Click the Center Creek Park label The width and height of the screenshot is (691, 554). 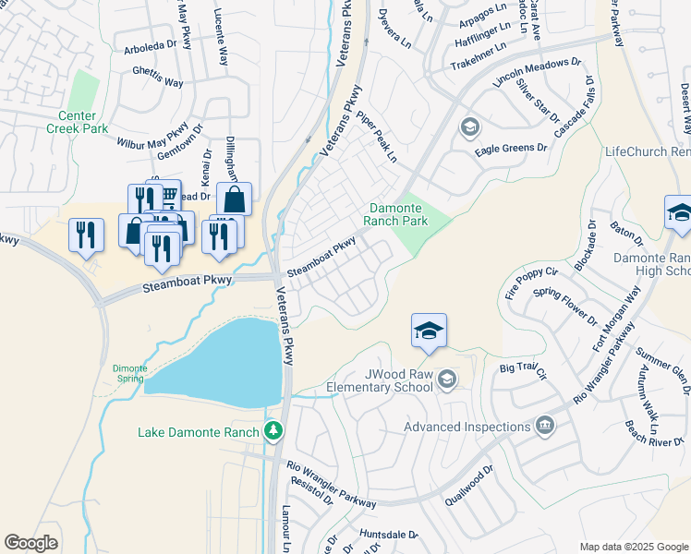(77, 122)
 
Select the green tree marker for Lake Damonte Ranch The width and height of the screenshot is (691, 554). (273, 431)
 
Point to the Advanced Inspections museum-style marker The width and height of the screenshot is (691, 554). (545, 426)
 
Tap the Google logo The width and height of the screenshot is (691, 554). (30, 543)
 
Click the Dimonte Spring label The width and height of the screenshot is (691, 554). (129, 373)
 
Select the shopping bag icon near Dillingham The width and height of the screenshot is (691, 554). (235, 199)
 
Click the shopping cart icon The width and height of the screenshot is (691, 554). (168, 195)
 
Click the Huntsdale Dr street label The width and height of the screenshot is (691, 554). (389, 535)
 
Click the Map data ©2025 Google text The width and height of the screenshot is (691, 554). (633, 547)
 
